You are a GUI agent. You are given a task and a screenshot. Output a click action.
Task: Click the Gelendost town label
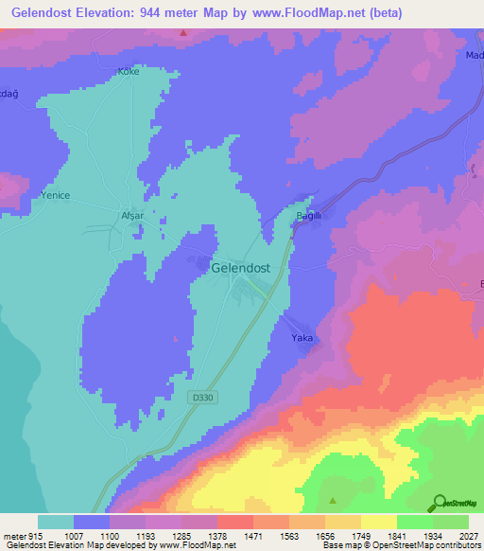click(241, 268)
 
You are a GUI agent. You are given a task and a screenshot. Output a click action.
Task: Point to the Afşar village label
click(132, 215)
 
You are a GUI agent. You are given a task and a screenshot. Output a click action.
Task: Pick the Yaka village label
click(302, 338)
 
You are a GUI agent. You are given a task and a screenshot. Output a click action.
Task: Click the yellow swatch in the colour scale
click(378, 522)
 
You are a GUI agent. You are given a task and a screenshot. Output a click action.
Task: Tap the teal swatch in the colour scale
click(55, 522)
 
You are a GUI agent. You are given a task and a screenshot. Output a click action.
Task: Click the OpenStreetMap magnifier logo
click(439, 503)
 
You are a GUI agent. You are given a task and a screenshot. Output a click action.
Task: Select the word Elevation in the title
click(105, 13)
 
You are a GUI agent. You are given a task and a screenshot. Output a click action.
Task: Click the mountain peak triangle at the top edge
click(184, 34)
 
